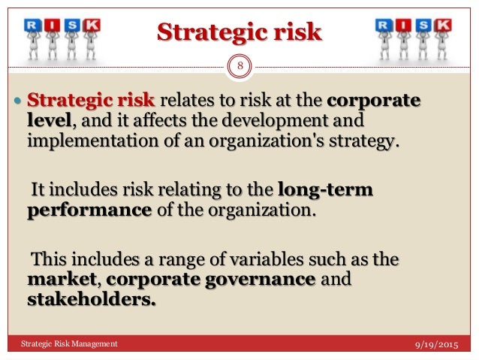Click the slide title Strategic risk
tap(239, 32)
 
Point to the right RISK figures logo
tap(413, 38)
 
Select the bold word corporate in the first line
tap(374, 101)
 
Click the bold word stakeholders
tap(92, 300)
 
